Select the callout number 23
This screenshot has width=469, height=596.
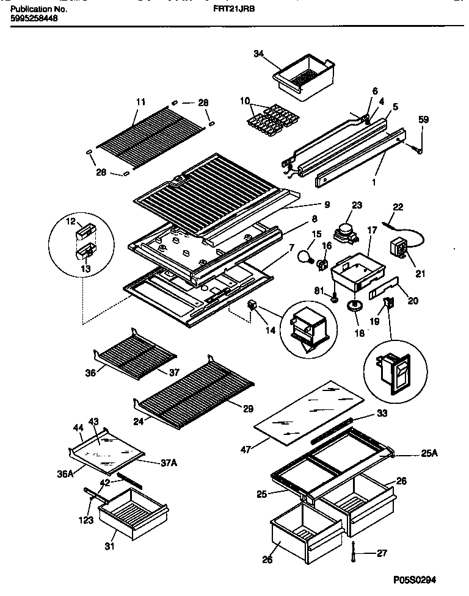point(357,207)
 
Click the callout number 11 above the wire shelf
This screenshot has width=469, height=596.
point(140,102)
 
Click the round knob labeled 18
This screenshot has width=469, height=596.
point(352,306)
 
